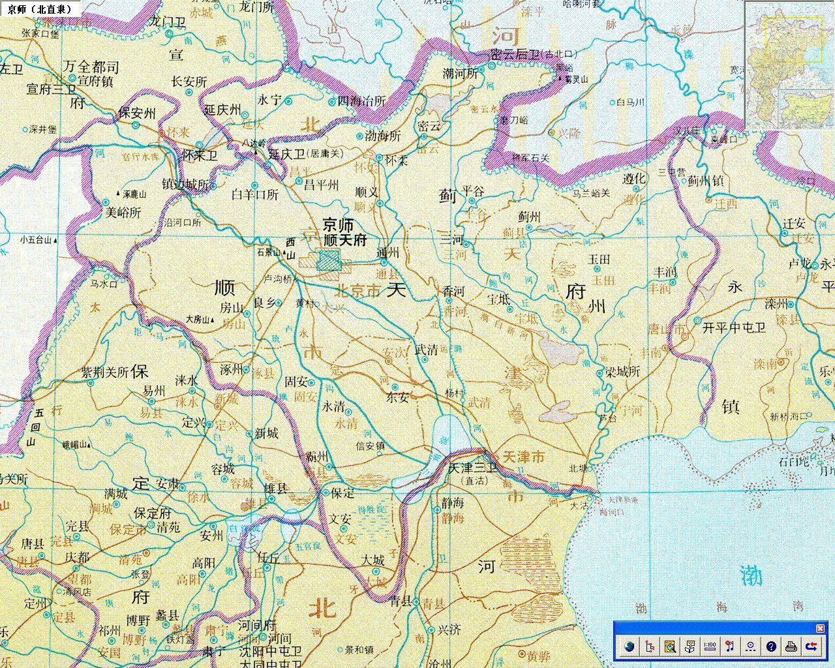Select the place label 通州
tap(387, 253)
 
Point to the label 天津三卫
tap(473, 468)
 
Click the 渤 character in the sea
tap(751, 575)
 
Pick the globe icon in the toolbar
tap(629, 646)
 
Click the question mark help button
tap(771, 646)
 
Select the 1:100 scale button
tap(710, 646)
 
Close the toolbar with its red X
tap(821, 628)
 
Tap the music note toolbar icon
tap(730, 646)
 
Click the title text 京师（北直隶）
tap(40, 8)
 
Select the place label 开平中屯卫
tap(733, 327)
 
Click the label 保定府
tap(153, 513)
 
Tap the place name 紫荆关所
tap(104, 372)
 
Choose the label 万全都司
tap(92, 67)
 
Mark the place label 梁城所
tap(622, 372)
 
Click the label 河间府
tap(257, 625)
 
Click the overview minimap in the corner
tap(789, 65)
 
